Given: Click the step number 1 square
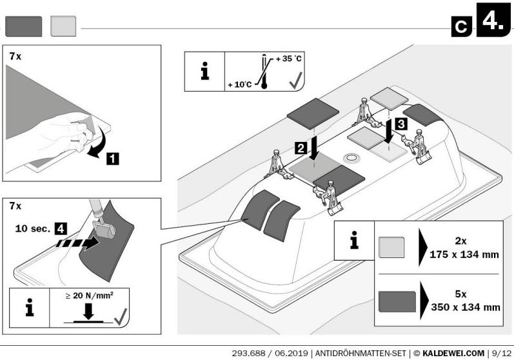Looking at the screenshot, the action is [113, 159].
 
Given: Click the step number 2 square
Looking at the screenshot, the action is [301, 148].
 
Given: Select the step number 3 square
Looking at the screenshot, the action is [401, 125].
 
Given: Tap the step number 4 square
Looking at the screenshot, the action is [61, 228].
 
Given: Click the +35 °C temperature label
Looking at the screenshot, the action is [288, 59].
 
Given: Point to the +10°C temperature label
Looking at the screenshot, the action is [240, 85].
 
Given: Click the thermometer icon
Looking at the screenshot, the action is [264, 72].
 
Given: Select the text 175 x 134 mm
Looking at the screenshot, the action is [464, 254].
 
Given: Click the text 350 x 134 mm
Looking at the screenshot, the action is [466, 307].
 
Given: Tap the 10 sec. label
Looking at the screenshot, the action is [32, 228].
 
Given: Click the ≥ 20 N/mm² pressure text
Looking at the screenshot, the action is [89, 295].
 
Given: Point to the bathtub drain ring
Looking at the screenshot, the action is [351, 158].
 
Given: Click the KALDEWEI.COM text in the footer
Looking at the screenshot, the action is [453, 354].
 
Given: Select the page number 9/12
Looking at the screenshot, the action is [501, 354].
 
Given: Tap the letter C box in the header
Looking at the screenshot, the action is [462, 26].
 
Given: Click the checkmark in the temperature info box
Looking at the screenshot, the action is [295, 81].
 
